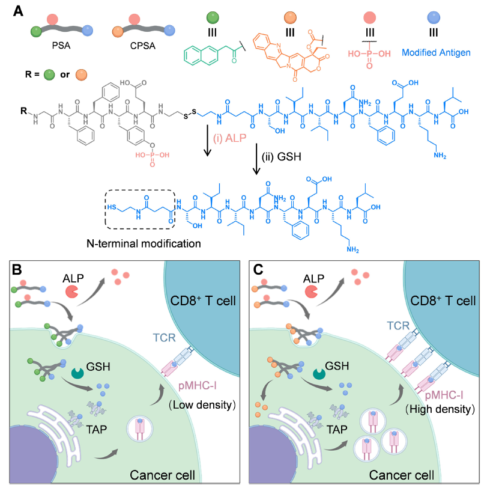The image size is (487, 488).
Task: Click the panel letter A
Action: pos(19,11)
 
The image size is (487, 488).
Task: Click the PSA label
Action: pos(61,46)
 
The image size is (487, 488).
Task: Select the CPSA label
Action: pos(143,46)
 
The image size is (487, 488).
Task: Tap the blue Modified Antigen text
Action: pos(436,53)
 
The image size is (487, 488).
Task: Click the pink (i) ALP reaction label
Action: pos(229,138)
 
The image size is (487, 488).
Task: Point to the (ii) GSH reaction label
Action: pos(282,156)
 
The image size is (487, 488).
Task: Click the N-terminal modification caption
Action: pos(144,243)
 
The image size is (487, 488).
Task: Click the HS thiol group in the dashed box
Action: pos(111,207)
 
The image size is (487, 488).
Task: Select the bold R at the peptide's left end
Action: pos(24,111)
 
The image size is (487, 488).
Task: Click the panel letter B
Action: pos(17,269)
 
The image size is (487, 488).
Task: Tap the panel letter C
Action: pos(258,269)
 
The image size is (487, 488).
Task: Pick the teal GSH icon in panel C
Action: pos(319,374)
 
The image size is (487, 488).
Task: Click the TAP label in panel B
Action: pos(97,430)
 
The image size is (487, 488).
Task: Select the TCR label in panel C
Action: pos(398,326)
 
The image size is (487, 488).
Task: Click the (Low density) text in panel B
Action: pos(202,405)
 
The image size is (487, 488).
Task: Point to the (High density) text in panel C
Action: pos(440,409)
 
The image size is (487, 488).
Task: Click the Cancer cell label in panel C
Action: pos(402,475)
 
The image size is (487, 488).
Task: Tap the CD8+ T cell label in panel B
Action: pos(203,300)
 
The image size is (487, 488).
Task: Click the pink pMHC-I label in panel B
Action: pos(198,386)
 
